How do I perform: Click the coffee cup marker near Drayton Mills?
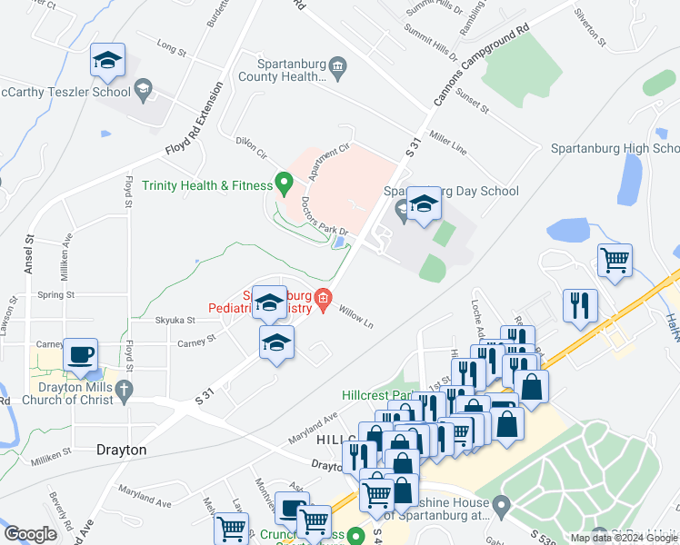tap(81, 353)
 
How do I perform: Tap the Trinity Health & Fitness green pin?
tap(283, 185)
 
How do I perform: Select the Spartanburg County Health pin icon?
tap(337, 64)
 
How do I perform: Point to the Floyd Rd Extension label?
tap(193, 123)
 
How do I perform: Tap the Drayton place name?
tap(121, 449)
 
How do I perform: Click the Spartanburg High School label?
tap(615, 149)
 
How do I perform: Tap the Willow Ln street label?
tap(355, 317)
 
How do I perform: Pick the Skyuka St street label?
tap(175, 320)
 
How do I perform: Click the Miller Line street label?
tap(448, 143)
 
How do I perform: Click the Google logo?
tap(30, 535)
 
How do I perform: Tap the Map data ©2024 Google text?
tap(623, 538)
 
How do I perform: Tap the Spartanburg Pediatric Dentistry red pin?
tap(323, 298)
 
